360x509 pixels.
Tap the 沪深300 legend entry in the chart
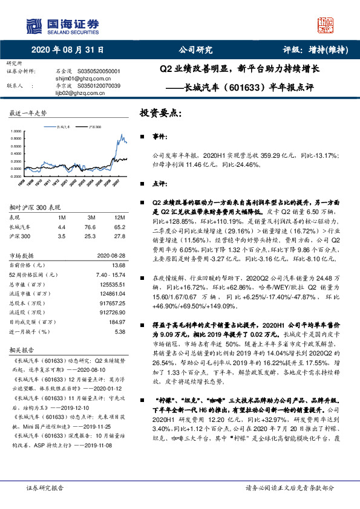(x=94, y=128)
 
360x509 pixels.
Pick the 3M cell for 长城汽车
(x=91, y=227)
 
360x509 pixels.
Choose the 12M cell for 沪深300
(x=119, y=235)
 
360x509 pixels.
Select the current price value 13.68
(x=119, y=264)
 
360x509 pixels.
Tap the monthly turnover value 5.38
(x=120, y=331)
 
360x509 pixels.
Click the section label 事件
(x=159, y=138)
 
